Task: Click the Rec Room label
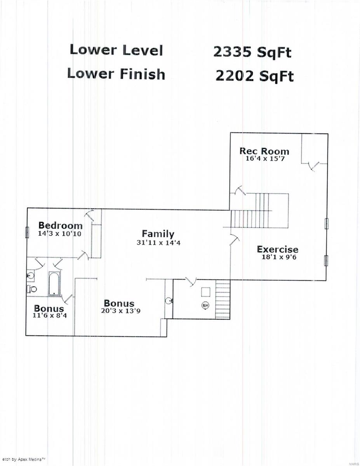(x=264, y=151)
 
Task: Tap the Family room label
(x=158, y=234)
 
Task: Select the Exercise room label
(x=278, y=249)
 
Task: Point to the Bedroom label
(x=61, y=226)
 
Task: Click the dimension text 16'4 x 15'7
(x=265, y=159)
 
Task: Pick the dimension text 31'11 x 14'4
(x=158, y=243)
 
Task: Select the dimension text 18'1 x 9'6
(x=279, y=257)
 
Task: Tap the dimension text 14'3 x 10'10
(x=59, y=233)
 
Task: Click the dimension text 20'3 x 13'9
(x=121, y=311)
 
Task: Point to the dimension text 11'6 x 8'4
(x=50, y=315)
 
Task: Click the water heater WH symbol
(x=205, y=305)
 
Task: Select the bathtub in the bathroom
(x=54, y=284)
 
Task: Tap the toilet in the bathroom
(x=31, y=289)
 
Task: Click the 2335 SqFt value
(x=252, y=52)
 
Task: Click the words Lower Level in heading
(x=117, y=50)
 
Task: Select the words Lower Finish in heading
(x=116, y=74)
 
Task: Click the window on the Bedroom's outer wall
(x=27, y=232)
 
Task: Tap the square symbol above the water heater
(x=205, y=292)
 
